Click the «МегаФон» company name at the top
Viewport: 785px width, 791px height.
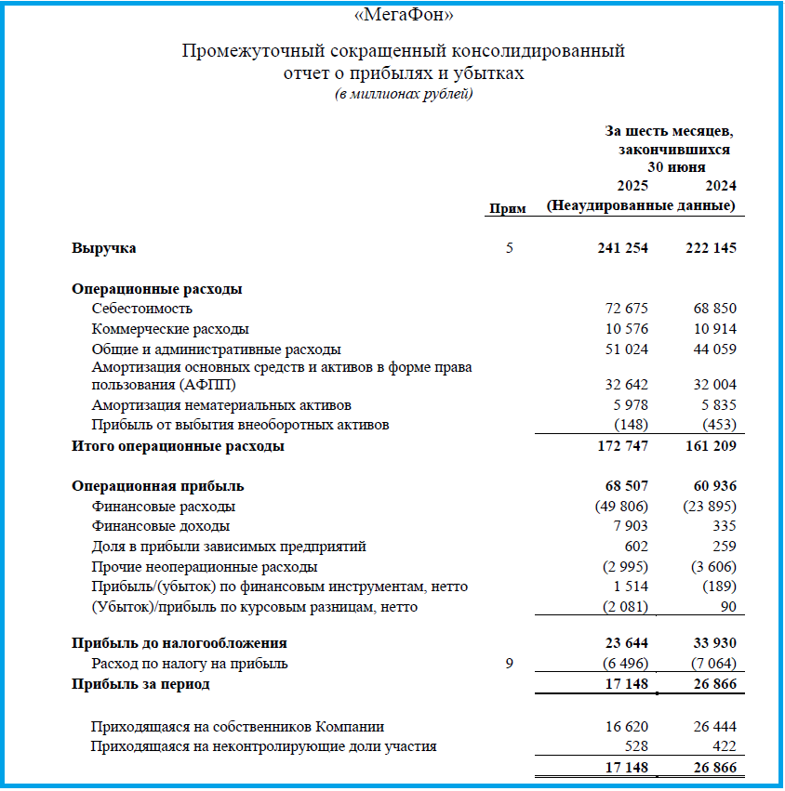(x=403, y=15)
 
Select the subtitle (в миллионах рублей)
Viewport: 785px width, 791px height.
(x=403, y=94)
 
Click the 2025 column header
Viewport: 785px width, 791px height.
(x=632, y=186)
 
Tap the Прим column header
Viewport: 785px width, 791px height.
(x=508, y=209)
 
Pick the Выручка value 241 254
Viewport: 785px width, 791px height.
(x=621, y=248)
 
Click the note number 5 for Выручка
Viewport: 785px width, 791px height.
(x=509, y=248)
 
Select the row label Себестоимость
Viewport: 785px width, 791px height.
(x=142, y=309)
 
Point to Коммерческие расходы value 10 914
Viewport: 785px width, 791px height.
(x=714, y=329)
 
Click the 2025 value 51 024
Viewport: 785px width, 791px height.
(x=626, y=349)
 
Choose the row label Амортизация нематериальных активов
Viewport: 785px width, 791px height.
(x=221, y=405)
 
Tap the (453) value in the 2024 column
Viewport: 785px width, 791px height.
(x=719, y=425)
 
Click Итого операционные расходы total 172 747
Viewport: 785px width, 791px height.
(x=621, y=446)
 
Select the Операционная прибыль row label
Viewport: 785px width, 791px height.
(x=158, y=486)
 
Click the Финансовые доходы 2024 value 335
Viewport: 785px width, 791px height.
(x=724, y=527)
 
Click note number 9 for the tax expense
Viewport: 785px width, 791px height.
(x=509, y=664)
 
